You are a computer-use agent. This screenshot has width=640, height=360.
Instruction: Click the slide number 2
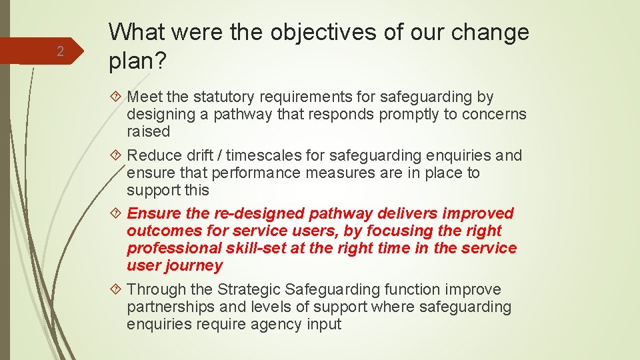(x=59, y=52)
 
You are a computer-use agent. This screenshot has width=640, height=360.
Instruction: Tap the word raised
(x=149, y=131)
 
